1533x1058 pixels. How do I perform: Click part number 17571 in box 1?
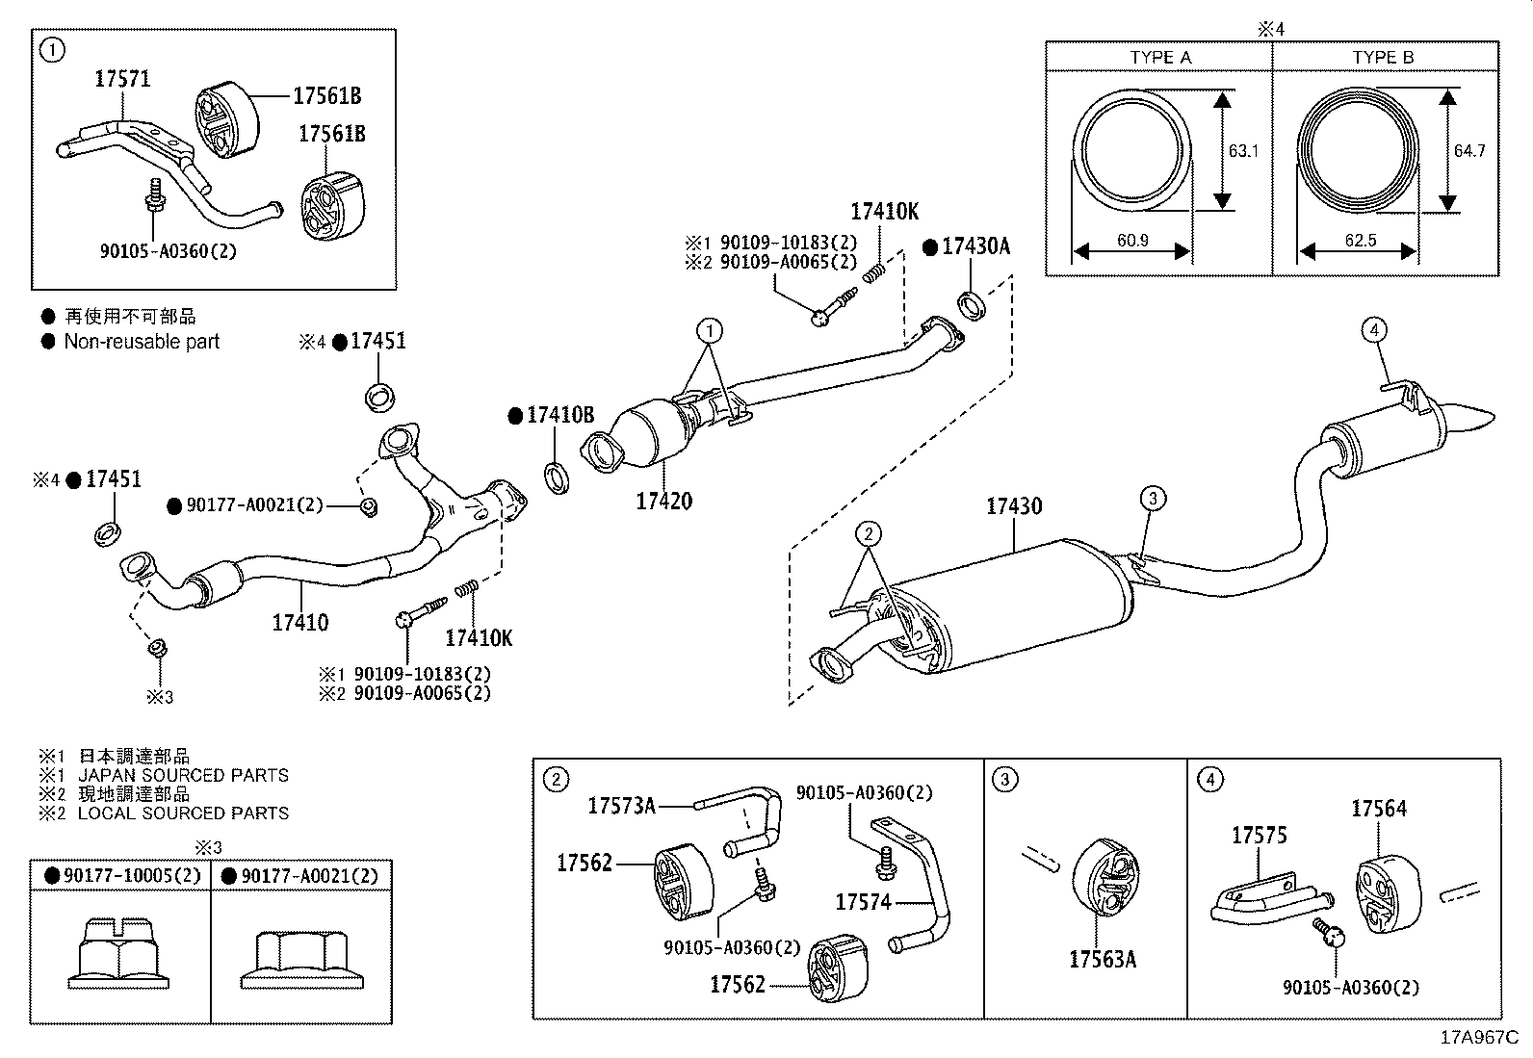(x=122, y=80)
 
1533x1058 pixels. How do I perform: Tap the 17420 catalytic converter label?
(x=663, y=501)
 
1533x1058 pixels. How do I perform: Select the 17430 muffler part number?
(x=1013, y=506)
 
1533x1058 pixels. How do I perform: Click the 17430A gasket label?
(x=974, y=247)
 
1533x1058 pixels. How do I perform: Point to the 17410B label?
(x=559, y=416)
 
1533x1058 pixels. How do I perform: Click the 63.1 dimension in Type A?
(x=1243, y=151)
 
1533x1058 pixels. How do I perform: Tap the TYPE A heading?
(x=1159, y=58)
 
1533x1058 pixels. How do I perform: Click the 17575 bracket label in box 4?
(x=1259, y=836)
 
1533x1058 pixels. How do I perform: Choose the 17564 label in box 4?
(x=1378, y=809)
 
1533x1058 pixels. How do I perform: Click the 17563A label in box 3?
(x=1103, y=959)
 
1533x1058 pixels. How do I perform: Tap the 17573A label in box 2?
(x=621, y=806)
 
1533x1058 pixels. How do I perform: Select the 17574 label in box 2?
(x=863, y=902)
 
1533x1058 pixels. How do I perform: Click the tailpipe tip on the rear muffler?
(x=1474, y=420)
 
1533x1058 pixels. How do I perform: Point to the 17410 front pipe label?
(x=299, y=622)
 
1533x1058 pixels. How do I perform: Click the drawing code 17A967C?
(x=1478, y=1038)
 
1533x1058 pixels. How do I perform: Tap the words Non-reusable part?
(x=142, y=342)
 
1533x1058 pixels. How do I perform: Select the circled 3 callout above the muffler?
(x=1153, y=498)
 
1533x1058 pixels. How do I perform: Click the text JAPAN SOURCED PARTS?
(x=182, y=775)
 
